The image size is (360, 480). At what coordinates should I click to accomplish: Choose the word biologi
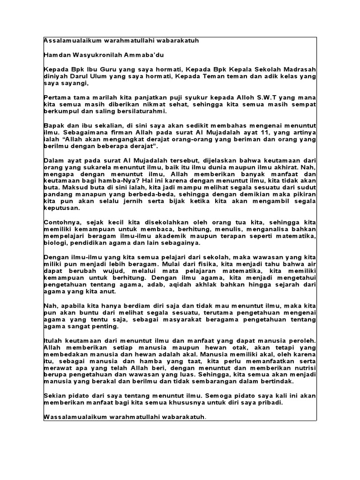pos(55,244)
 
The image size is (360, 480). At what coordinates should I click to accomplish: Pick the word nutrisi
pos(306,369)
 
